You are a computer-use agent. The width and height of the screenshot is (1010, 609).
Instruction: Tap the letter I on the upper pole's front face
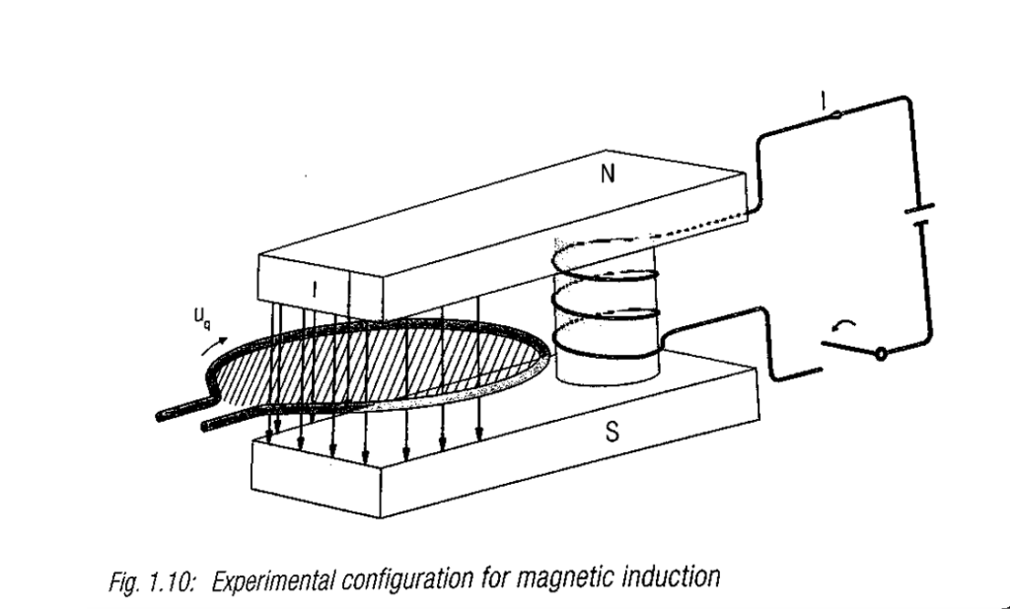[315, 289]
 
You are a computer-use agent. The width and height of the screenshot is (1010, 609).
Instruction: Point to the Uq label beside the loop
[202, 318]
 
